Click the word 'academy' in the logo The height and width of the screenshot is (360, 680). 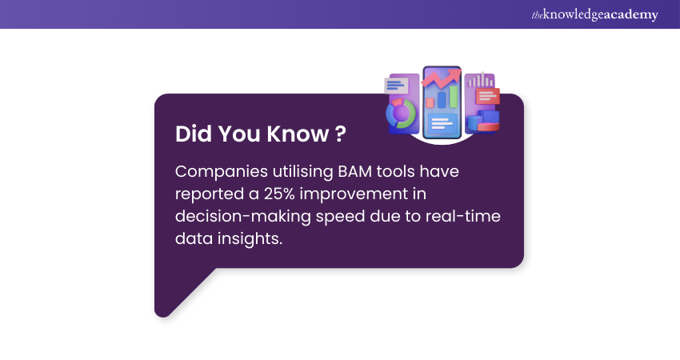[630, 14]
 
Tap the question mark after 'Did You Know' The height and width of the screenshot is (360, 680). [341, 134]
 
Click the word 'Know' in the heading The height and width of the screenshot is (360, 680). [298, 134]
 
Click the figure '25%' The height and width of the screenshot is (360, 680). [279, 194]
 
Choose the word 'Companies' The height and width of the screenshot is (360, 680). [221, 172]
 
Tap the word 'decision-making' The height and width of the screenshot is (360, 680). [243, 217]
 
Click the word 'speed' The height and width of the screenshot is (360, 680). [340, 217]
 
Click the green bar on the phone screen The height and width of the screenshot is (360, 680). [453, 96]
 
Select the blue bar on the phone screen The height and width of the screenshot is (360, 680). [442, 99]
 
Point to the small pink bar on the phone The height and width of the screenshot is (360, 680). [430, 102]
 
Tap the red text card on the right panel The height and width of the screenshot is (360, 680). [487, 96]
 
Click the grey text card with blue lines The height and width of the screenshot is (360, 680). [396, 85]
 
